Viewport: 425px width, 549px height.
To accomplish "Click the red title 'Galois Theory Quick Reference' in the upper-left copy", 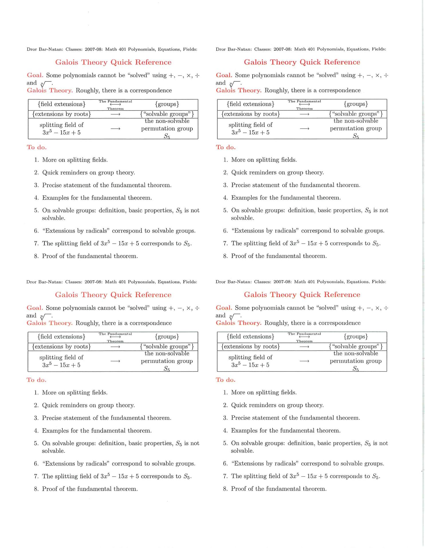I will click(x=113, y=62).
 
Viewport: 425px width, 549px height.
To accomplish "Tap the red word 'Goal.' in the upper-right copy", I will click(x=224, y=75).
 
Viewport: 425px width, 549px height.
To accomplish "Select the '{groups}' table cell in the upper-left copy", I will click(x=167, y=104).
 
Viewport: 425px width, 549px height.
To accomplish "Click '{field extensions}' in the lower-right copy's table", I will click(x=250, y=337).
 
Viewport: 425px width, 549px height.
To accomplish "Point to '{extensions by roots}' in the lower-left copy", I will click(x=62, y=347).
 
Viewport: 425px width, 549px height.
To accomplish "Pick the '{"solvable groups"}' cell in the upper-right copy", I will click(x=356, y=114).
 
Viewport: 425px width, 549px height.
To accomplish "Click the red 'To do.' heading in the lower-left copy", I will click(x=36, y=380).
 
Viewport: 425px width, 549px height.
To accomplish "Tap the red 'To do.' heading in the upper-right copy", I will click(x=226, y=147).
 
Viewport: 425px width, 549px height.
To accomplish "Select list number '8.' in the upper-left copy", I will click(x=36, y=256).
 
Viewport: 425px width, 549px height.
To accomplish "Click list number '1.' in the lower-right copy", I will click(x=225, y=393).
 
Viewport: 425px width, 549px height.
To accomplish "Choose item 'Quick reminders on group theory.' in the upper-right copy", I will click(x=277, y=172).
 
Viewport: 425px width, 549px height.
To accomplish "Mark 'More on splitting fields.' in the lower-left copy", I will click(x=75, y=393).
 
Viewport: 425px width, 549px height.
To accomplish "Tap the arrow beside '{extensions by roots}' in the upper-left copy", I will click(x=115, y=114).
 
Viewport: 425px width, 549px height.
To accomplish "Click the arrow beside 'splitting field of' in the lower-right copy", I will click(x=304, y=361).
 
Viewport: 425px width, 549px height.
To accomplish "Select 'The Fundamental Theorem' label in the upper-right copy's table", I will click(x=304, y=105).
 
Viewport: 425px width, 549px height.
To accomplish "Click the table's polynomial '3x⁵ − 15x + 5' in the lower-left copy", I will click(x=61, y=365).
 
